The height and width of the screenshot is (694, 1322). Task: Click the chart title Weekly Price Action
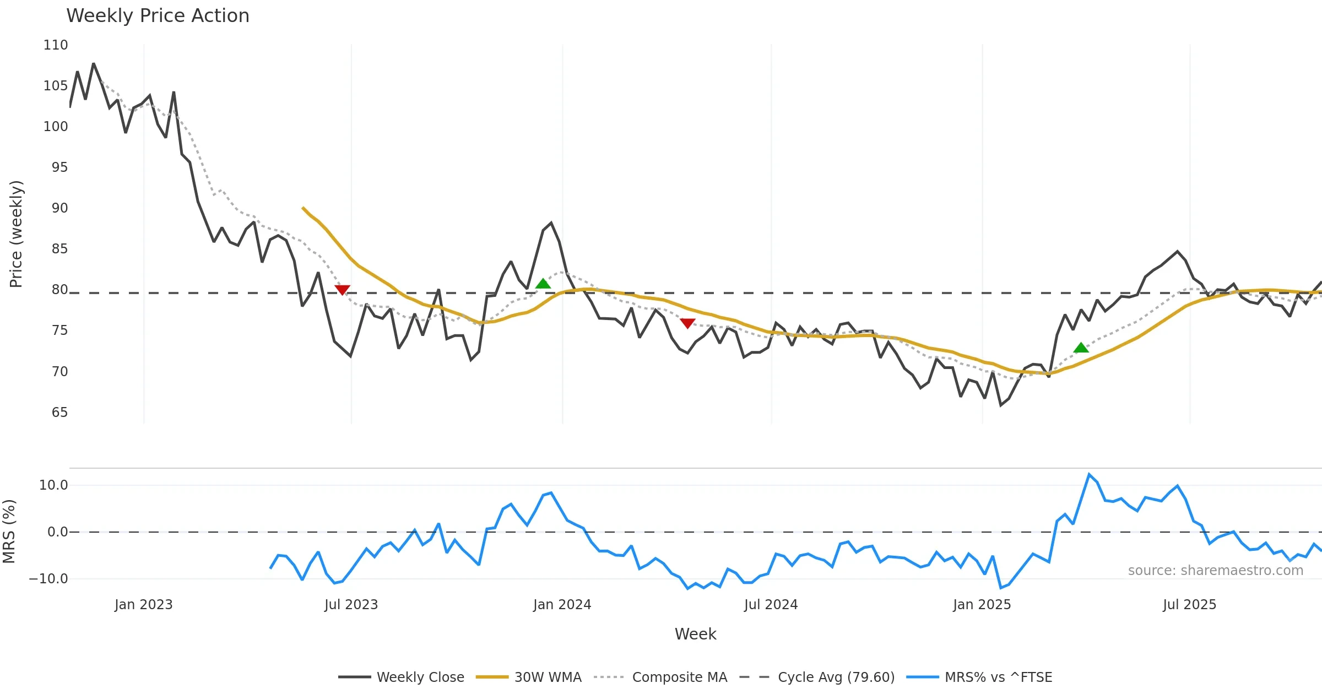(x=158, y=16)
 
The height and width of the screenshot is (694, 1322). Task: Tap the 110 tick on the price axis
(x=56, y=45)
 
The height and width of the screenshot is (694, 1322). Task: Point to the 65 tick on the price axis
(x=59, y=413)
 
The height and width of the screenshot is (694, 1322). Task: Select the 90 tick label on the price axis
(x=59, y=208)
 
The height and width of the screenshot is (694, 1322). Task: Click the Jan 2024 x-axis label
(x=562, y=605)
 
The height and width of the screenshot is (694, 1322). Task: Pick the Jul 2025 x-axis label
(x=1189, y=605)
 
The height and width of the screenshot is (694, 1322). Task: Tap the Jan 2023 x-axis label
(x=143, y=605)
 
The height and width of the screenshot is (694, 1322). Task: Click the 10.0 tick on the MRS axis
(x=53, y=485)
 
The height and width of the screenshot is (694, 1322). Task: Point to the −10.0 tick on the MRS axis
(x=48, y=579)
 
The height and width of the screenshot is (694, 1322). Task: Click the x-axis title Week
(x=695, y=635)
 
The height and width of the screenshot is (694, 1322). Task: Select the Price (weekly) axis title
(x=17, y=234)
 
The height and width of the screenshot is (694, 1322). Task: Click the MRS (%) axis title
(x=9, y=531)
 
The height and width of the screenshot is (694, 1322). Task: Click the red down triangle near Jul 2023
(x=342, y=290)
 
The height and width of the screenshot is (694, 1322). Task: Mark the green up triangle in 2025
(x=1081, y=348)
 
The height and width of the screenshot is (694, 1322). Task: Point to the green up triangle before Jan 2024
(x=543, y=284)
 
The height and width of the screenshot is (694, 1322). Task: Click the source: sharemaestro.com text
(x=1215, y=571)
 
